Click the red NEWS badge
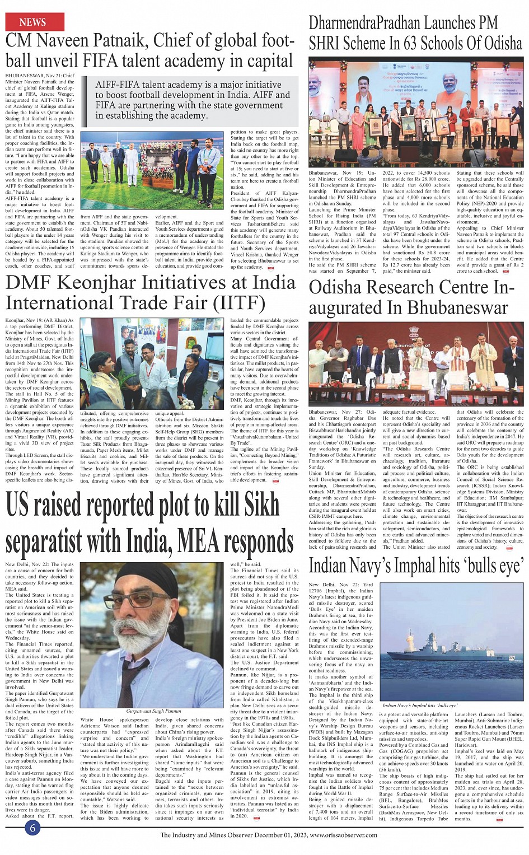[x=34, y=22]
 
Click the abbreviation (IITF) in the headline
[x=238, y=303]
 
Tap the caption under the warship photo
[x=420, y=706]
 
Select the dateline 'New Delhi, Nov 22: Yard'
[x=340, y=585]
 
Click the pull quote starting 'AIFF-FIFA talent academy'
[x=192, y=100]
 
